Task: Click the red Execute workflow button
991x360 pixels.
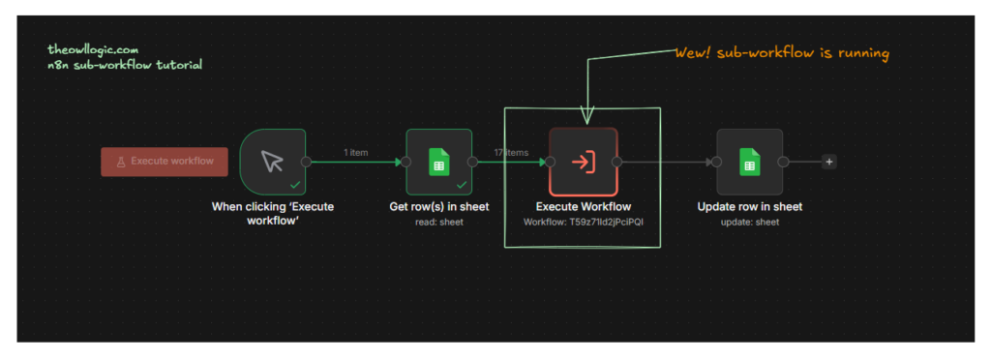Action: tap(165, 162)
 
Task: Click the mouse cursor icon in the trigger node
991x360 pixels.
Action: tap(273, 161)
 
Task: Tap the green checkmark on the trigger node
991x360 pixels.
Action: tap(294, 184)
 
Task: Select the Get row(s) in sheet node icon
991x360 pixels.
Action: tap(438, 162)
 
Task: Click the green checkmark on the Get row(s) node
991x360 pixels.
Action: tap(461, 184)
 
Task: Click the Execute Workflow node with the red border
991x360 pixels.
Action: tap(583, 162)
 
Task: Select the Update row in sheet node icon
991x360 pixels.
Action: tap(749, 162)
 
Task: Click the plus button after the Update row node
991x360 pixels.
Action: tap(828, 162)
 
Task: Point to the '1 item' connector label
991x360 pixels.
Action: tap(355, 152)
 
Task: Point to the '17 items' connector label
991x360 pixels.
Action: tap(511, 152)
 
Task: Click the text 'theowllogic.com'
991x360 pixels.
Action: tap(93, 48)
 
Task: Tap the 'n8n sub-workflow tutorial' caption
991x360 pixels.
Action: tap(125, 65)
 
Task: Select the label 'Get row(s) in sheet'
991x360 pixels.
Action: tap(438, 206)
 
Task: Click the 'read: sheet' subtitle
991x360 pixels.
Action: tap(438, 222)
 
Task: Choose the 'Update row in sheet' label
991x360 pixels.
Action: tap(749, 206)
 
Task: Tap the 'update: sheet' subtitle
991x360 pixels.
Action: tap(749, 222)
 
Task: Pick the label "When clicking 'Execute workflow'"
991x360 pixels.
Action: tap(272, 213)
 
